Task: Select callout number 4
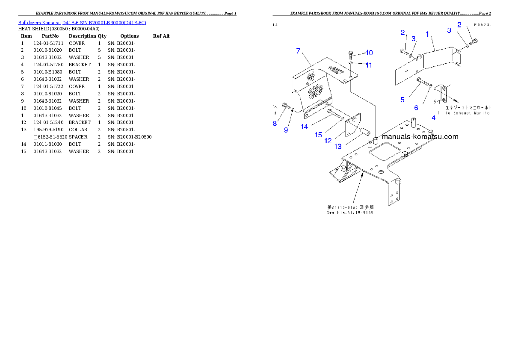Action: (433, 118)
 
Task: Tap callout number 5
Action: (402, 100)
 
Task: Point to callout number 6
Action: (416, 108)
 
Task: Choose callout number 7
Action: (299, 51)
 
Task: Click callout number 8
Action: (275, 124)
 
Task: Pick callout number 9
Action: (286, 130)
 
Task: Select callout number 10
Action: (369, 53)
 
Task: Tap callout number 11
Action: (368, 65)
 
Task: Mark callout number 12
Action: (328, 141)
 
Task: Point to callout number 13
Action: (338, 146)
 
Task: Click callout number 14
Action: (305, 127)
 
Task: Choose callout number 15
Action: (318, 135)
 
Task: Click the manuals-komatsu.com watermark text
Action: (420, 137)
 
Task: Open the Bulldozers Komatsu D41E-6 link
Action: (82, 23)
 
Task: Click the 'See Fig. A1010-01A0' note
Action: (350, 212)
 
